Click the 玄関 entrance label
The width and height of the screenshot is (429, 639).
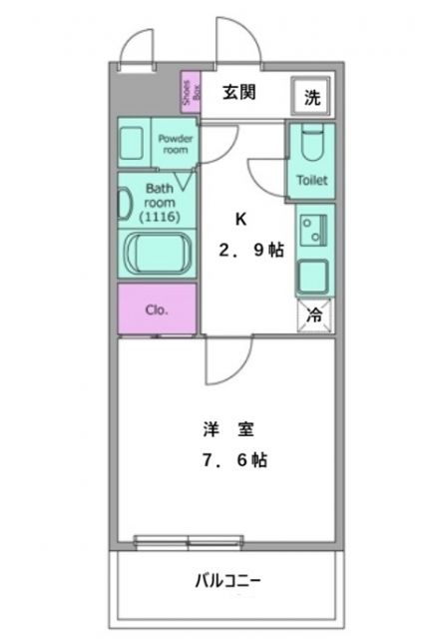(239, 93)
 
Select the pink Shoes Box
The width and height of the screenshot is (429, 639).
(188, 94)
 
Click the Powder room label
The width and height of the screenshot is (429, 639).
(175, 143)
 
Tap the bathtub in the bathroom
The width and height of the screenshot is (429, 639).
(158, 254)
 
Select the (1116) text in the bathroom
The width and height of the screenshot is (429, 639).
(159, 216)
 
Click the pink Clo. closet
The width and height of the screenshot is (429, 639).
(158, 309)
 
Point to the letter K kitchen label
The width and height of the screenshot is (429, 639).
(239, 220)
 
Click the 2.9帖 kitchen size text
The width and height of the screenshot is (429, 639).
(251, 250)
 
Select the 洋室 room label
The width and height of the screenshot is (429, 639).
(227, 430)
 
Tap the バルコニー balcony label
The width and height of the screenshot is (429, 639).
(227, 580)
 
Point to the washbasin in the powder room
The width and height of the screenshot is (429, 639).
(134, 144)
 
